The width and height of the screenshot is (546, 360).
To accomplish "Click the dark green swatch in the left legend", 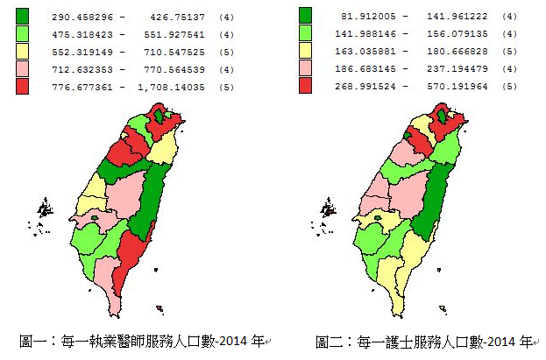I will (22, 16).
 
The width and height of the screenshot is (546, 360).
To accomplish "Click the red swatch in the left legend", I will (22, 86).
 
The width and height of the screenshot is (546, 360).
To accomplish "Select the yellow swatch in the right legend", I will (305, 51).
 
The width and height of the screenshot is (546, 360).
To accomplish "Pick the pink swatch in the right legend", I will (305, 68).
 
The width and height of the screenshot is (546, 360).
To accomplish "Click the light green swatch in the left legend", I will (22, 33).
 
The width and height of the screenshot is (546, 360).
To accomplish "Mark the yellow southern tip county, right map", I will (399, 285).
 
